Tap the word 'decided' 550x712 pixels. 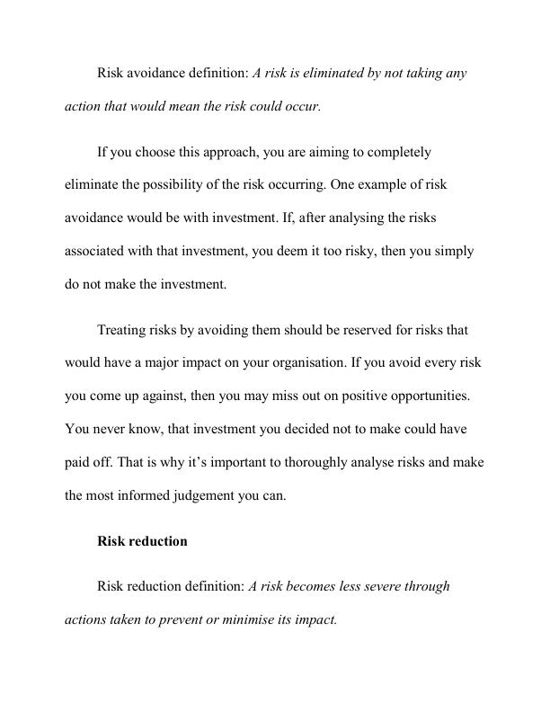[x=310, y=430]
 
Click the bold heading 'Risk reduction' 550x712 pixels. [x=142, y=541]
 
